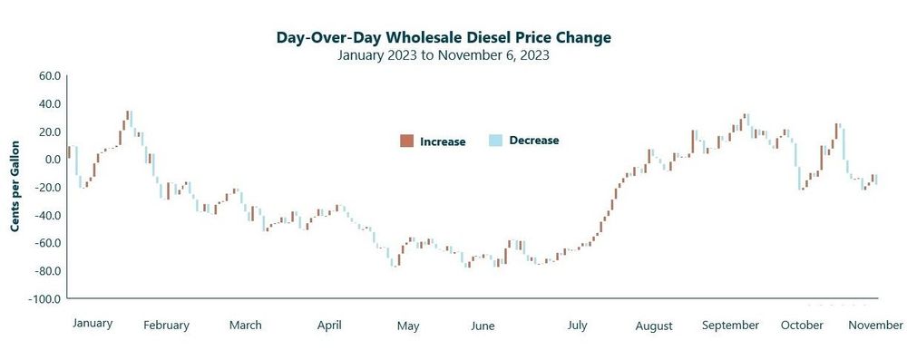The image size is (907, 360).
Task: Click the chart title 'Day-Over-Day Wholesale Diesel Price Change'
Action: pos(444,37)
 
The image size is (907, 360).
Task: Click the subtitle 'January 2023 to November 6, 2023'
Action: pos(444,54)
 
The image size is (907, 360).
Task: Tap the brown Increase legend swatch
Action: pos(406,141)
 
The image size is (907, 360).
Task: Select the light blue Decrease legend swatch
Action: pos(495,141)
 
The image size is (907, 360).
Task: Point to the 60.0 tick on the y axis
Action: pos(48,76)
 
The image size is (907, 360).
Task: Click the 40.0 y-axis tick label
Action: pos(48,104)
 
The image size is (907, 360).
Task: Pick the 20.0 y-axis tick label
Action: pos(48,132)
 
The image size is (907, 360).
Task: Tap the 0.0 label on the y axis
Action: pos(52,160)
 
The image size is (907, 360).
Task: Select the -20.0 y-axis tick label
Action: pos(46,188)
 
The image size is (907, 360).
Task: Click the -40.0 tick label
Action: pos(46,216)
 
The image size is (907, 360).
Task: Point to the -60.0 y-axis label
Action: pos(46,243)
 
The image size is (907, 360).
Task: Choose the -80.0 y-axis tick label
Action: pos(46,271)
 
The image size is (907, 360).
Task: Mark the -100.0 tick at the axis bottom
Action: pos(44,299)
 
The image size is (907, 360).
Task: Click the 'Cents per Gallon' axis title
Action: pos(15,186)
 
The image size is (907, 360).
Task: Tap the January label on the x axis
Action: pos(92,323)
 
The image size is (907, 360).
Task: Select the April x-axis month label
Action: pos(328,325)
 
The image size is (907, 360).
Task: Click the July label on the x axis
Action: pos(577,325)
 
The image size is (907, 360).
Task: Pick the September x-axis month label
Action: pos(731,325)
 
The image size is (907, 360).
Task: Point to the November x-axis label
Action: pos(875,325)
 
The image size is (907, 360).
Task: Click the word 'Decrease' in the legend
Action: pos(534,141)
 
